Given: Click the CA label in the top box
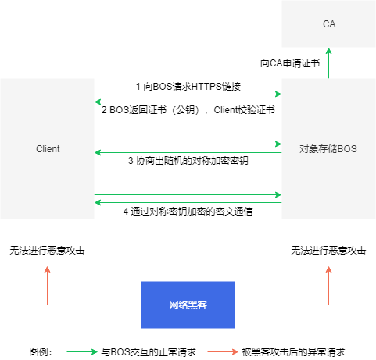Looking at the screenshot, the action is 329,24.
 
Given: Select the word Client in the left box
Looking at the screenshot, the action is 48,149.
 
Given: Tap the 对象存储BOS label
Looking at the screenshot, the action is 328,149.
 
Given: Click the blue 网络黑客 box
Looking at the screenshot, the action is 188,305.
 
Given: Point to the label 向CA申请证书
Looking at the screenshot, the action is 290,63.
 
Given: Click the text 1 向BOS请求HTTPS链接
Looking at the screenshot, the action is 188,87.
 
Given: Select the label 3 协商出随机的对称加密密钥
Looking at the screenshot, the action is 188,161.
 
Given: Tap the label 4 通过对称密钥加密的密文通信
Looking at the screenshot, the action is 188,212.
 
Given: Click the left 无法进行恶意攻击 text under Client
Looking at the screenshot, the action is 47,251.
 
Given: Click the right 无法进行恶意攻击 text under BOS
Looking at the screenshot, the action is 328,251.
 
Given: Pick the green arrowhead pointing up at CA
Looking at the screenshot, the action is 328,51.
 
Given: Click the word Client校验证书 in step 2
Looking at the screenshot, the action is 244,110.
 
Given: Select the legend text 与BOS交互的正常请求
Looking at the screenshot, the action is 149,352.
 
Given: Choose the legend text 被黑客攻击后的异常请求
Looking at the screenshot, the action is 293,352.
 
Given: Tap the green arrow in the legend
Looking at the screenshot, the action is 82,352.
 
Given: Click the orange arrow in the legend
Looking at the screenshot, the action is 223,352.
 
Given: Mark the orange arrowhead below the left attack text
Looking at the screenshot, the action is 47,269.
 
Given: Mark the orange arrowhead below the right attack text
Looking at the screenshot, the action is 328,269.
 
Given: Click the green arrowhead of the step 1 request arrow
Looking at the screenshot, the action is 278,94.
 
